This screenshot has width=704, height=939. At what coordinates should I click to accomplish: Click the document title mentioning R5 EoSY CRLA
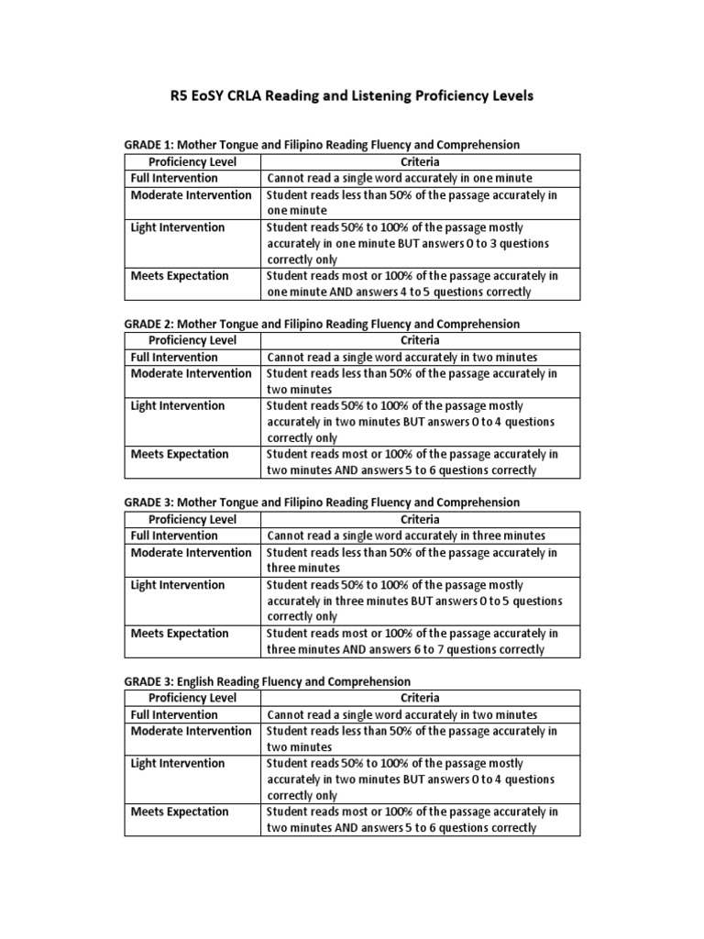(x=352, y=96)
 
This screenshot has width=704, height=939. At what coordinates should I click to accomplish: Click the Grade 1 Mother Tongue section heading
(x=322, y=145)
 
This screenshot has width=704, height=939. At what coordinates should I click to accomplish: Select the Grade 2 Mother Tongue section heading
(x=322, y=324)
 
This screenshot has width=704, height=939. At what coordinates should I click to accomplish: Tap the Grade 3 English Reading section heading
(x=268, y=681)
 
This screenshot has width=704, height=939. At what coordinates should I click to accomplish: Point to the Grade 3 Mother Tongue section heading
(x=322, y=503)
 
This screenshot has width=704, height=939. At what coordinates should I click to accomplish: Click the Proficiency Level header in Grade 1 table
(x=192, y=161)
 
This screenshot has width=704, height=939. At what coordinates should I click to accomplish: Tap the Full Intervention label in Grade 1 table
(x=174, y=178)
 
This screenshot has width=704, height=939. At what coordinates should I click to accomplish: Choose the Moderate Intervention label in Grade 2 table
(x=191, y=373)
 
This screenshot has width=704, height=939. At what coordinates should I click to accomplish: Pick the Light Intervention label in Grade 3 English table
(x=177, y=763)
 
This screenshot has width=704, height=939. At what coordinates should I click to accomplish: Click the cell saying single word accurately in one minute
(x=399, y=178)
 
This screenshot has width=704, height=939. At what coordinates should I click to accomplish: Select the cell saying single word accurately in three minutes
(x=405, y=536)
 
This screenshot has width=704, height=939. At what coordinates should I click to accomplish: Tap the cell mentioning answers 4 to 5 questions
(x=412, y=283)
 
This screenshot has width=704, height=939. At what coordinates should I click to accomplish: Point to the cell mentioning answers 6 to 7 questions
(x=412, y=641)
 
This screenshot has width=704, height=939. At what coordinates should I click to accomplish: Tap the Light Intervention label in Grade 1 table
(x=177, y=227)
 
